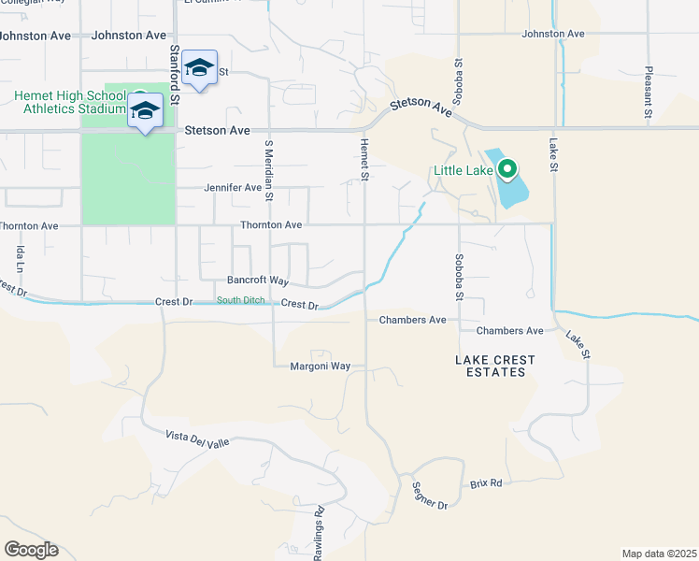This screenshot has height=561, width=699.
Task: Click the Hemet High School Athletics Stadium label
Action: tap(70, 102)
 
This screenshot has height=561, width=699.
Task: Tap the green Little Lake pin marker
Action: tap(507, 169)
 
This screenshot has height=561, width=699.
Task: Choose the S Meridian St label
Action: tap(268, 170)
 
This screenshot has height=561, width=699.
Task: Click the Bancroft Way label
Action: tap(258, 280)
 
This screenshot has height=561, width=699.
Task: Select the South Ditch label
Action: tap(242, 300)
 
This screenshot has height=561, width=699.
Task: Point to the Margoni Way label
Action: tap(320, 367)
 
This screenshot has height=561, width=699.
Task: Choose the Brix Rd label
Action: tap(486, 483)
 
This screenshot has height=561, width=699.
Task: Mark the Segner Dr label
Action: tap(430, 505)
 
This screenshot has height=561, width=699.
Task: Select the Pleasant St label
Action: tap(648, 92)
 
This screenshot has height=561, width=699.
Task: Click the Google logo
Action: tap(31, 550)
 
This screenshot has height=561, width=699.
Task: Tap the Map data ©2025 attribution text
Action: tap(659, 554)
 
